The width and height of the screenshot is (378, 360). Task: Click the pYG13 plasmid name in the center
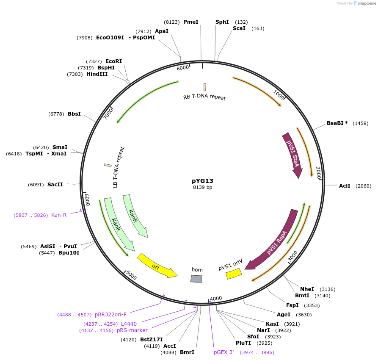(x=202, y=181)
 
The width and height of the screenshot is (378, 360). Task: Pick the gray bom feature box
(x=196, y=279)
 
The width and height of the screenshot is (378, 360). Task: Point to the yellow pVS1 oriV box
(x=234, y=274)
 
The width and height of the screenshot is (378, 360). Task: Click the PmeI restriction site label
(x=190, y=22)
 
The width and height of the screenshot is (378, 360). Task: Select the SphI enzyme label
(x=222, y=22)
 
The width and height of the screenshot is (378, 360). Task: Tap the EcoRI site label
(x=113, y=61)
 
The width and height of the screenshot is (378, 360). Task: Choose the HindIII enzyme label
(x=97, y=74)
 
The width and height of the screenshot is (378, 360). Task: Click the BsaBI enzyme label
(x=337, y=123)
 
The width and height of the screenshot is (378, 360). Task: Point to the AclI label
(x=345, y=186)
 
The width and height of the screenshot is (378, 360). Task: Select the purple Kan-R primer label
(x=59, y=215)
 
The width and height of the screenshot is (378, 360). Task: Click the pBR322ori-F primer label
(x=110, y=315)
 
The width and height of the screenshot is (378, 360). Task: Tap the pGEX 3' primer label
(x=224, y=352)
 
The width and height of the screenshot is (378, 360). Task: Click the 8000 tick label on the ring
(x=183, y=68)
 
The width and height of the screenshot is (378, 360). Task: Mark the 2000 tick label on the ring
(x=318, y=173)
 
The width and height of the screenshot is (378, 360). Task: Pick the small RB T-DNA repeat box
(x=205, y=87)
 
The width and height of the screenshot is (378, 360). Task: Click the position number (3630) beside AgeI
(x=304, y=315)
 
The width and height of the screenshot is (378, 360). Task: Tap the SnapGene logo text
(x=367, y=3)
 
